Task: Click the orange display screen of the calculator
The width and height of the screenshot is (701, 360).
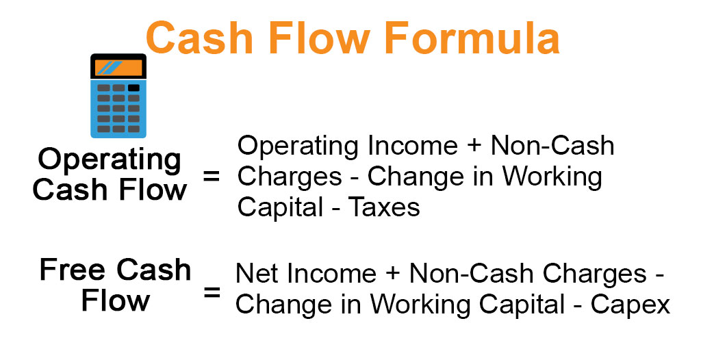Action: coord(118,68)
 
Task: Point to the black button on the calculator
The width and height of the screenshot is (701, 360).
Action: coord(133,88)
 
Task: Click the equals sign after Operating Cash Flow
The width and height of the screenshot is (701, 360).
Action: coord(212,177)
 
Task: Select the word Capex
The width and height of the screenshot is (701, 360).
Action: coord(630,305)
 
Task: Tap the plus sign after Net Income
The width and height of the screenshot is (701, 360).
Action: coord(393,274)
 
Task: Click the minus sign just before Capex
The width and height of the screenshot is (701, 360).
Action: coord(577,305)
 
